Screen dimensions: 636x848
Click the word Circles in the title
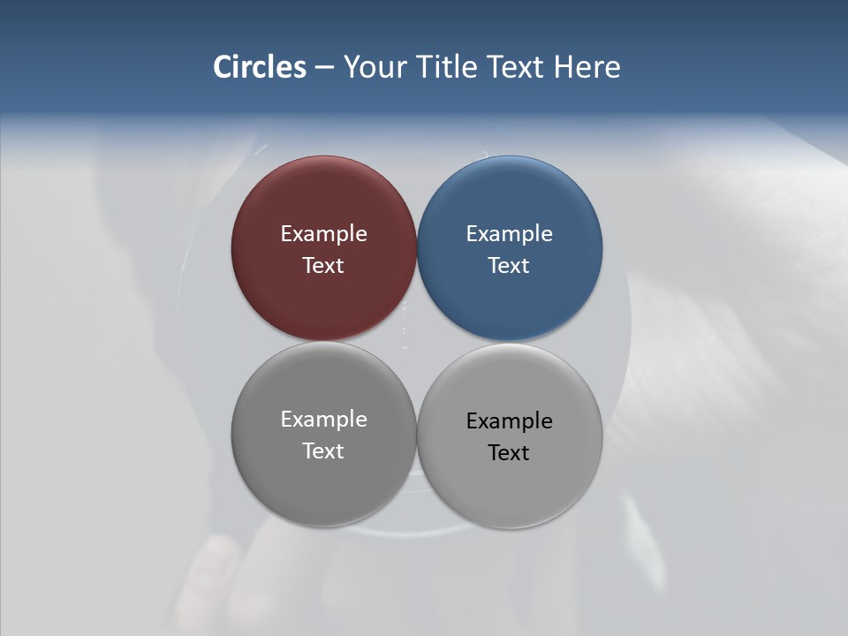(x=260, y=67)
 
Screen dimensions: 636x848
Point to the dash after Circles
(x=324, y=68)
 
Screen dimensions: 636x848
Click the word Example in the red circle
(x=323, y=234)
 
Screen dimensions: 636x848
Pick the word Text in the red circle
(x=323, y=266)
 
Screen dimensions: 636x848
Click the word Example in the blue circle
(x=510, y=234)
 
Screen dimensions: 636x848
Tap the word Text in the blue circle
(x=510, y=266)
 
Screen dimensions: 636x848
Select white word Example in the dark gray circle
(x=323, y=420)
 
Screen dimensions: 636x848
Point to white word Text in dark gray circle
(x=323, y=451)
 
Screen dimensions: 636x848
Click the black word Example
(x=510, y=421)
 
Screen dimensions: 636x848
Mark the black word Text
(x=510, y=453)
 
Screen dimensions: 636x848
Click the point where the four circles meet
(x=417, y=341)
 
